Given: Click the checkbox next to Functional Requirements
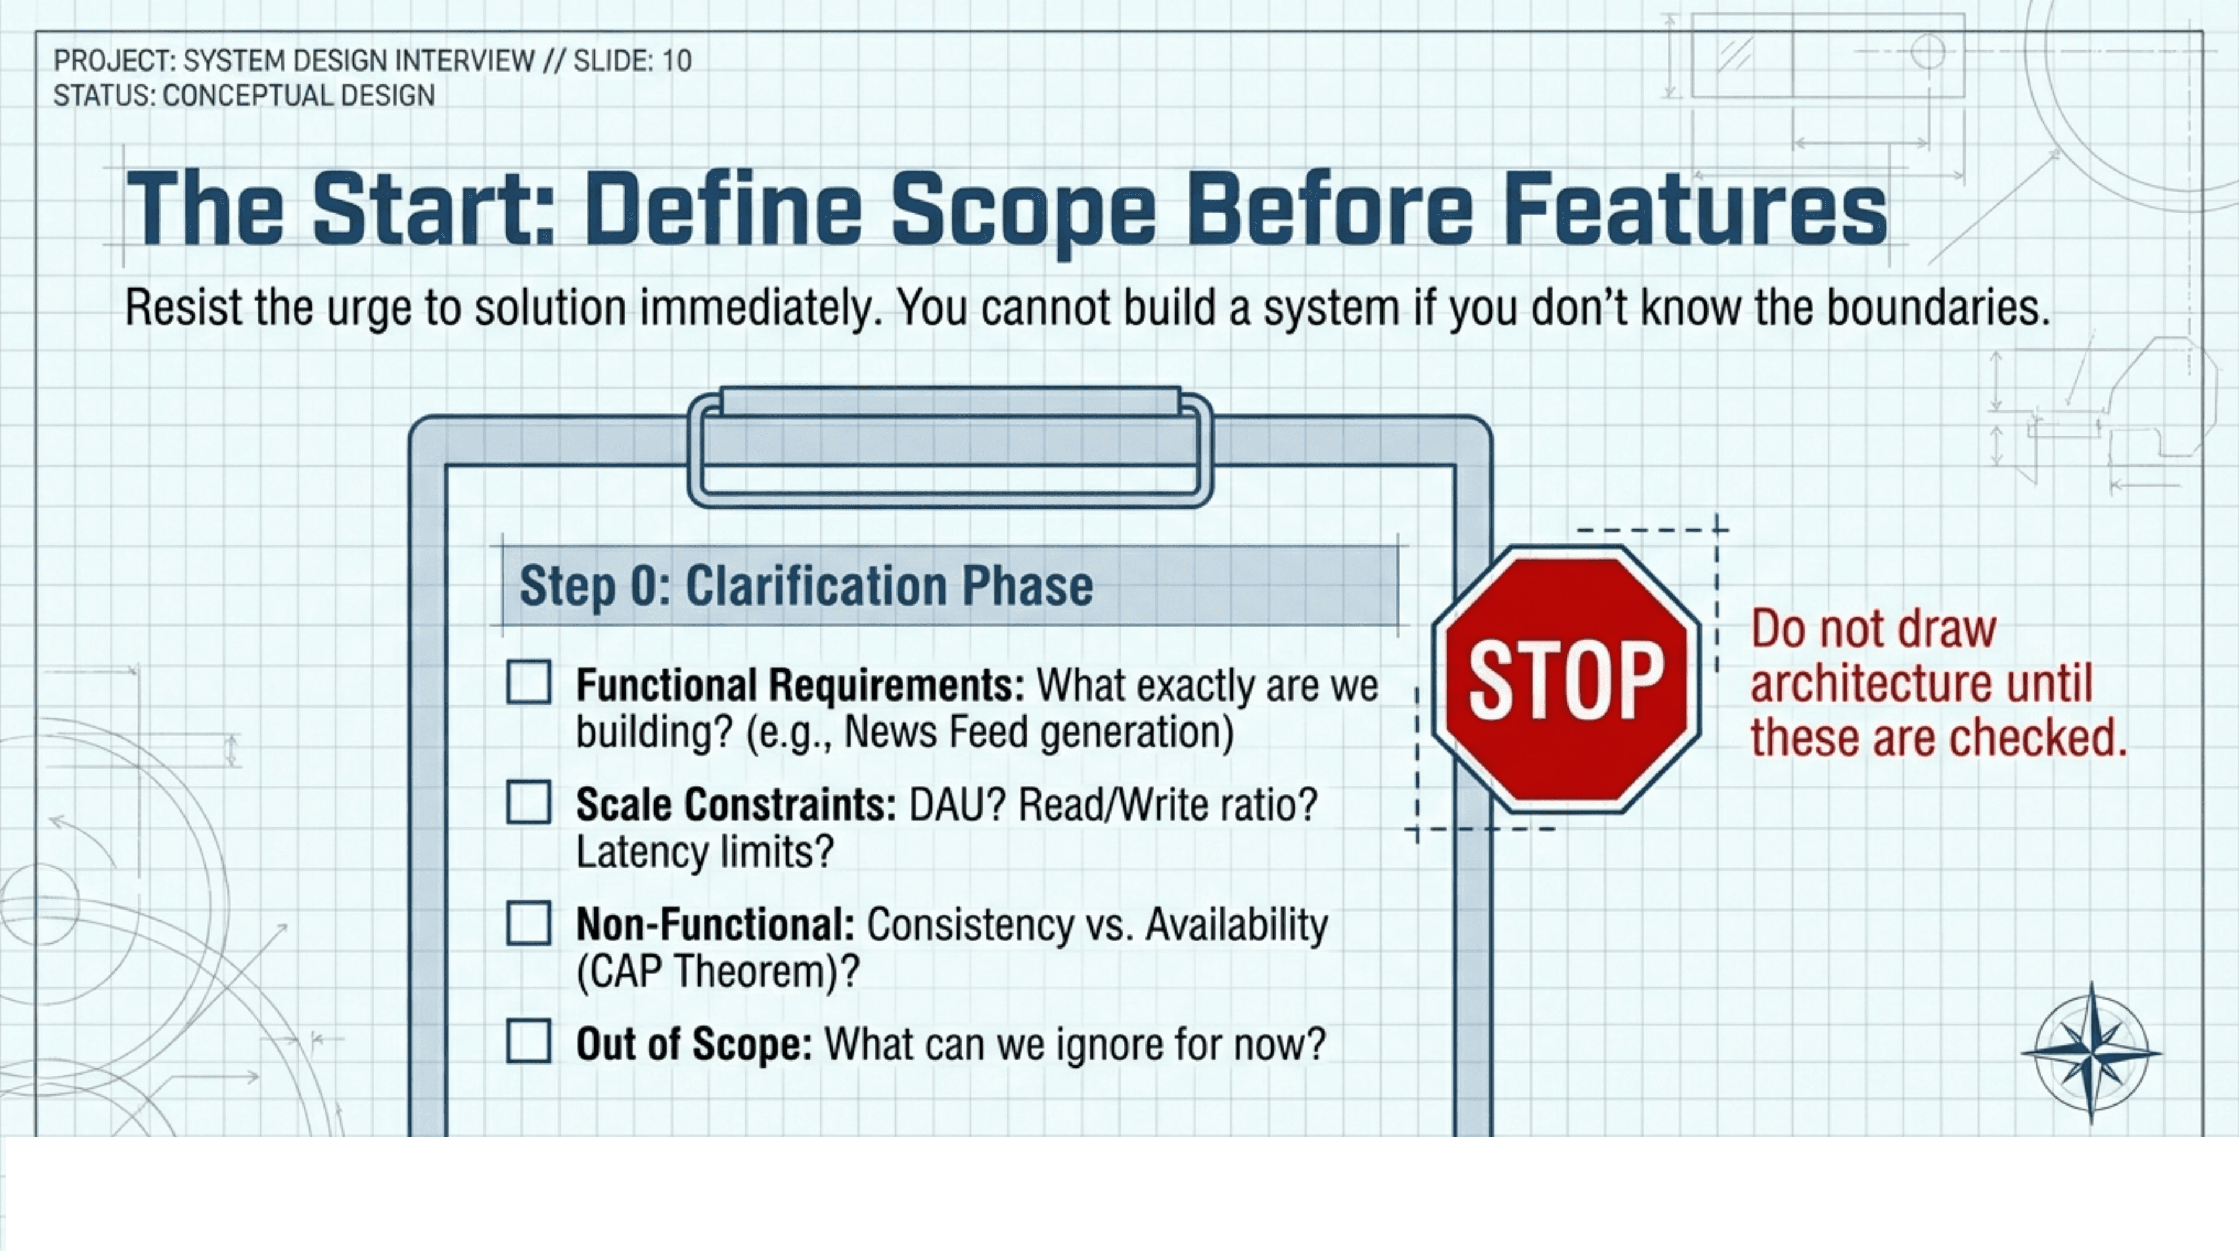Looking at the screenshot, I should coord(529,682).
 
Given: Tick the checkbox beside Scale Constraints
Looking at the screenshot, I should coord(529,801).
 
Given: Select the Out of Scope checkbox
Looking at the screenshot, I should coord(529,1041).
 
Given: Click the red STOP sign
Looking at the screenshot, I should coord(1566,679).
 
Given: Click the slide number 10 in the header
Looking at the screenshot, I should coord(677,61).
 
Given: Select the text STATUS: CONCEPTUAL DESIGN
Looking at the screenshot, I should coord(244,96).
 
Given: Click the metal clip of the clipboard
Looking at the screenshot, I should coord(950,448).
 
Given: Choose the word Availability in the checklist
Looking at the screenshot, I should coord(1236,924).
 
